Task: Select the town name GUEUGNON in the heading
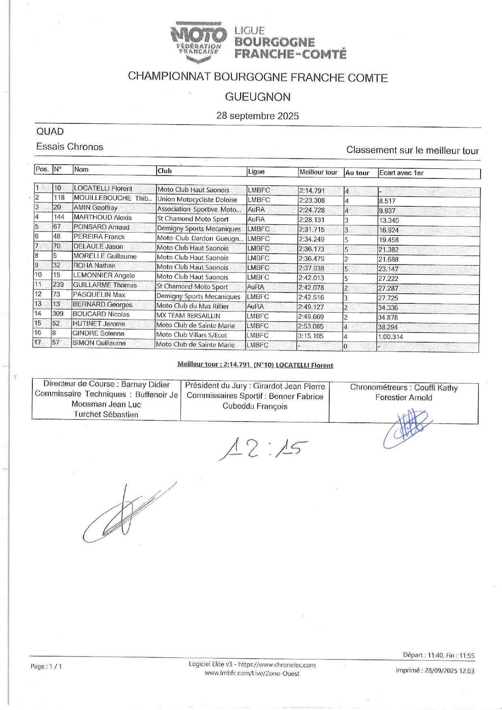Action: tap(258, 97)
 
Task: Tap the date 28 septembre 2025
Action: tap(258, 116)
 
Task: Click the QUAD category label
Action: tap(50, 131)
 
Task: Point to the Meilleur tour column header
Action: tap(318, 172)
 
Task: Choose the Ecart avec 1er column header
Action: tap(401, 173)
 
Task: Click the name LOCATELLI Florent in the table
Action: tap(103, 189)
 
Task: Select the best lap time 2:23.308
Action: tap(311, 200)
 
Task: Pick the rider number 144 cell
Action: tap(59, 217)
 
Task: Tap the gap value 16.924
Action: tap(389, 230)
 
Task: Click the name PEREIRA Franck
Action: tap(99, 237)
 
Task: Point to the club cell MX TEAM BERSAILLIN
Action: tap(189, 316)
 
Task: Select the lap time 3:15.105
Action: tap(311, 336)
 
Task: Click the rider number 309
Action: tap(58, 314)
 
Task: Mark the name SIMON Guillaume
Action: tap(99, 343)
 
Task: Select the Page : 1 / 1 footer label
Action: tap(46, 666)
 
